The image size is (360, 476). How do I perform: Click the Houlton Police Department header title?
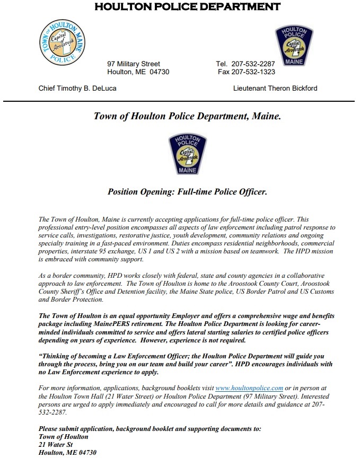tap(180, 7)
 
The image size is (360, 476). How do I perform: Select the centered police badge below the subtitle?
tap(187, 154)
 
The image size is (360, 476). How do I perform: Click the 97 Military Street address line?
tap(134, 64)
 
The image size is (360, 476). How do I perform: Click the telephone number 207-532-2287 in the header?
tap(253, 64)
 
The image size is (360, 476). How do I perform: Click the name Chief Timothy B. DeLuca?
tap(77, 88)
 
